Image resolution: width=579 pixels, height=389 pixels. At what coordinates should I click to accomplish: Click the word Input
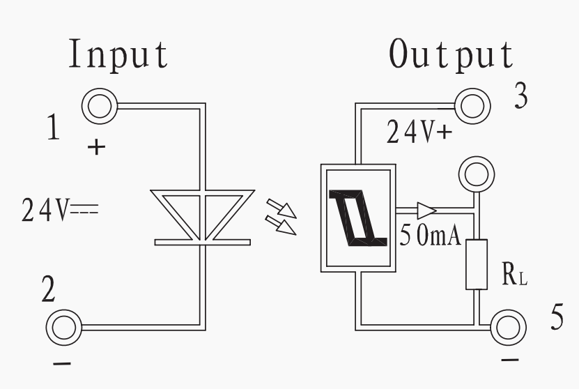tap(118, 54)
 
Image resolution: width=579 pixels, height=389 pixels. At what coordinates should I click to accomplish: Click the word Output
tap(451, 54)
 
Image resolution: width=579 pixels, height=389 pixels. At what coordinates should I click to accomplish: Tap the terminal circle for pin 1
tap(100, 107)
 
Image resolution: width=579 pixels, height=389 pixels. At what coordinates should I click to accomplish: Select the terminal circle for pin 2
tap(64, 328)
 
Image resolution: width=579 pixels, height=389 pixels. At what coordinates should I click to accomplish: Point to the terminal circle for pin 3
tap(472, 106)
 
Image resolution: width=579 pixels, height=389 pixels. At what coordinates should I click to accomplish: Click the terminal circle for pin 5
tap(508, 328)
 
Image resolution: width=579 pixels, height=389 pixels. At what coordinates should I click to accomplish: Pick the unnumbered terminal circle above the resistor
tap(477, 174)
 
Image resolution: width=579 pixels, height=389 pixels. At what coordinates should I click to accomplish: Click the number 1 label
tap(54, 127)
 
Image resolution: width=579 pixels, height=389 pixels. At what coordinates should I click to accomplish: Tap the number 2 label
tap(48, 288)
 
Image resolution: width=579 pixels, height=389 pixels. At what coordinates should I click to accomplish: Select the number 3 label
tap(521, 96)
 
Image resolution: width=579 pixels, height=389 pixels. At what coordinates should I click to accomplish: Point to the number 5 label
tap(557, 316)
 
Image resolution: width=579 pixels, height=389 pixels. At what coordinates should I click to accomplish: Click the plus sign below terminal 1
tap(96, 147)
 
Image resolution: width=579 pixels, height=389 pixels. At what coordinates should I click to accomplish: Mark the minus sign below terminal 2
tap(62, 364)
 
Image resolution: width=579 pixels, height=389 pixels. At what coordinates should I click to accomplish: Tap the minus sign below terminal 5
tap(510, 359)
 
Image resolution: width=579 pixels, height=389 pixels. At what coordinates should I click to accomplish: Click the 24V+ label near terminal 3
tap(419, 132)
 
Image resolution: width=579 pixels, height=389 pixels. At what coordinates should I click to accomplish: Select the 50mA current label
tap(431, 236)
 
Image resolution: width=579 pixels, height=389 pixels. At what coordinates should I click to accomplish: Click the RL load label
tap(515, 274)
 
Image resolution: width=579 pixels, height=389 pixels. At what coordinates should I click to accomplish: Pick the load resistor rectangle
tap(477, 264)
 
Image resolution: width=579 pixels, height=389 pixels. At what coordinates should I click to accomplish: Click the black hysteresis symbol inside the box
tap(358, 218)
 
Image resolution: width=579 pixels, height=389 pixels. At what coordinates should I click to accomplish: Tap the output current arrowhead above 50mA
tap(427, 211)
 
